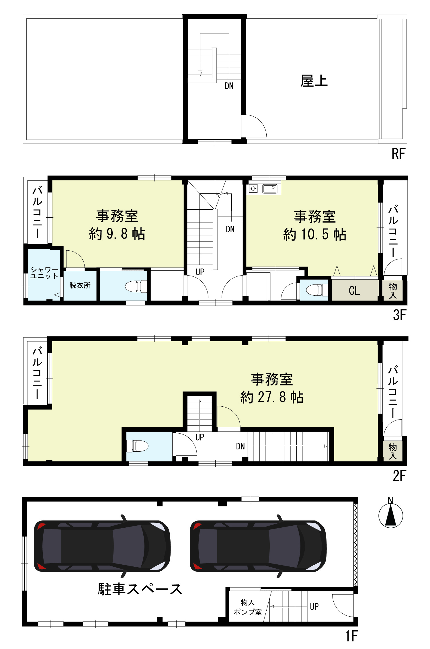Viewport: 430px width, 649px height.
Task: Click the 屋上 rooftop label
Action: click(314, 81)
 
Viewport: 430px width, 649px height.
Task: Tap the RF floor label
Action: click(398, 154)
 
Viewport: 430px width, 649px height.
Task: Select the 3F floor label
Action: click(400, 315)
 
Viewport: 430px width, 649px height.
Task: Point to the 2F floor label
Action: click(400, 476)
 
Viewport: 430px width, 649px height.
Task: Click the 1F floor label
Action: click(351, 636)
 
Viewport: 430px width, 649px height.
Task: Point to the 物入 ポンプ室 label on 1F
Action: click(248, 607)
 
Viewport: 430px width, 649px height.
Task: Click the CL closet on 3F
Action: click(355, 290)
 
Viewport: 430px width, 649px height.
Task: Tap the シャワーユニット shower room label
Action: click(44, 273)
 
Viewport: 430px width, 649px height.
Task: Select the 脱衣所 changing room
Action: click(80, 285)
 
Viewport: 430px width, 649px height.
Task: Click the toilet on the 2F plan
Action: click(138, 446)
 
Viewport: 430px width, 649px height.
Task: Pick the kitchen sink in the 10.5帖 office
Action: click(270, 189)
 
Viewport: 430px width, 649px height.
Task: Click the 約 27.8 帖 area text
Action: click(272, 397)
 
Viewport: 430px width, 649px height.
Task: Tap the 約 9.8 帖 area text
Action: click(117, 234)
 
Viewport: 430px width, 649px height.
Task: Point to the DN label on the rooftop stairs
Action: click(229, 86)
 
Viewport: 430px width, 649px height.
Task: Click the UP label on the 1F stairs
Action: click(314, 607)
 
